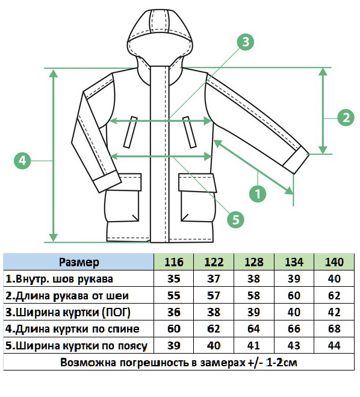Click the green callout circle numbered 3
(246, 42)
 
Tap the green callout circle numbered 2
(346, 117)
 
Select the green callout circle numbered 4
(22, 160)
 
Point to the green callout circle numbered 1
(258, 194)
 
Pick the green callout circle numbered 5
(235, 219)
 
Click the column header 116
(174, 262)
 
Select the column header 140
(334, 262)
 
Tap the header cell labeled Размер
(79, 262)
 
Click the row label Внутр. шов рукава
(59, 279)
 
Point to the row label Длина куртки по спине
(72, 329)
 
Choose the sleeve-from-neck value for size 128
(253, 295)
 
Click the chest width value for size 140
(334, 312)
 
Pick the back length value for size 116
(174, 329)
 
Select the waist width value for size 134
(294, 346)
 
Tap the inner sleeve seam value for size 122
(214, 279)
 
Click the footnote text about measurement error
(179, 363)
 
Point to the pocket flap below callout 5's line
(197, 183)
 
